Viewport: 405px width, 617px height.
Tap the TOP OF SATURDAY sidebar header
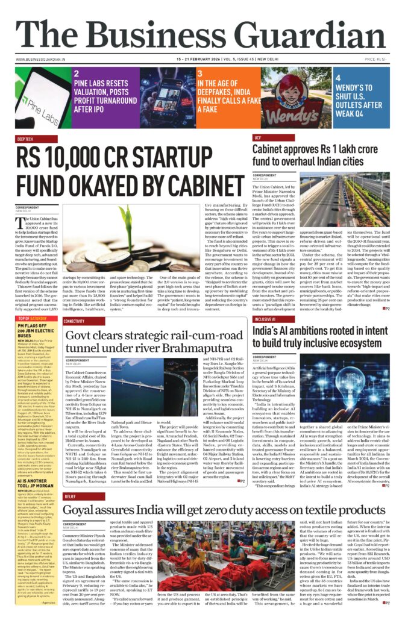coord(33,318)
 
